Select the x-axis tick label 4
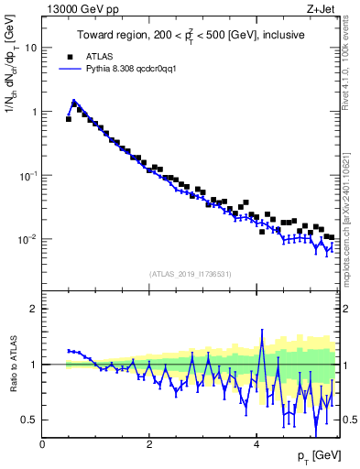pos(256,445)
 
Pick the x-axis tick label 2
pos(149,445)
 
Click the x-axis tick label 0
pos(43,445)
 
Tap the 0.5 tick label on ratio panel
pos(28,420)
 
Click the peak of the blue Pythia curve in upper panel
pos(74,102)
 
